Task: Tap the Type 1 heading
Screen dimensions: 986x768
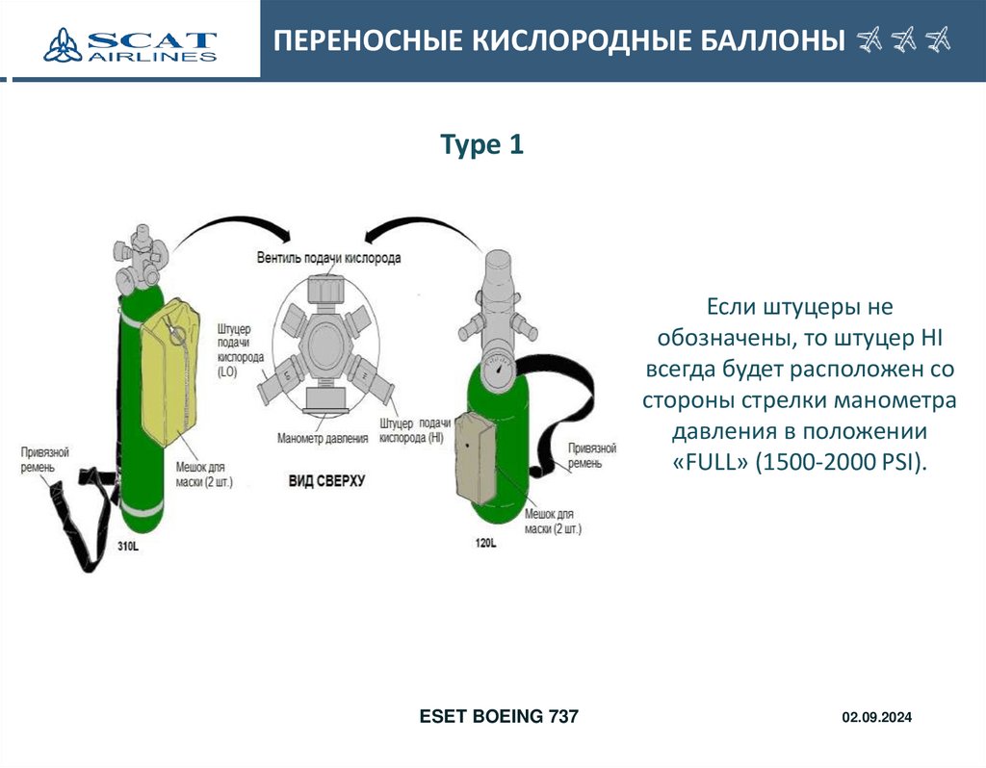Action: pyautogui.click(x=481, y=145)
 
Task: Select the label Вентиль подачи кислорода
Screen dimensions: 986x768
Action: pyautogui.click(x=329, y=258)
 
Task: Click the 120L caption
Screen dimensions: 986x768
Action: pyautogui.click(x=485, y=544)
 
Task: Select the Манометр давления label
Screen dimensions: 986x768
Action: pyautogui.click(x=323, y=439)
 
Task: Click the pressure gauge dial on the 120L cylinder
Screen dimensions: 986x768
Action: pyautogui.click(x=497, y=371)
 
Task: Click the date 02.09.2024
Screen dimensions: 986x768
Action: pyautogui.click(x=876, y=718)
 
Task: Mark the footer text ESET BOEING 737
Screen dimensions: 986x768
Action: pyautogui.click(x=499, y=717)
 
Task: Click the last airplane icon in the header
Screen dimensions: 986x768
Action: pyautogui.click(x=936, y=40)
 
